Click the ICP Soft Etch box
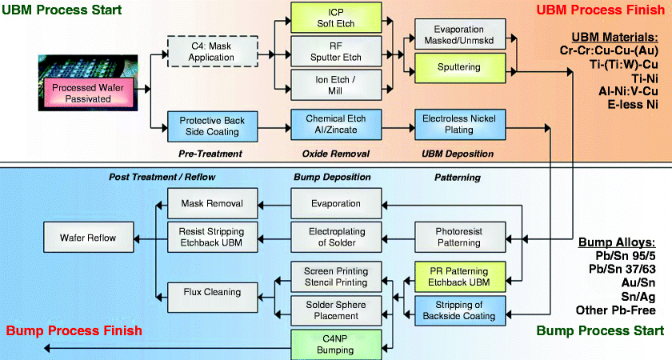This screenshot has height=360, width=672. pyautogui.click(x=324, y=19)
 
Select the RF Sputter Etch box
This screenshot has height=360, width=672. pyautogui.click(x=324, y=52)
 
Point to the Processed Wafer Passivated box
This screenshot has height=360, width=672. pyautogui.click(x=82, y=93)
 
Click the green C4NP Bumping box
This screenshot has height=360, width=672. pyautogui.click(x=324, y=345)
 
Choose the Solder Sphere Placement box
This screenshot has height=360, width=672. pyautogui.click(x=324, y=310)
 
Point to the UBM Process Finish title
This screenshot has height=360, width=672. pyautogui.click(x=599, y=11)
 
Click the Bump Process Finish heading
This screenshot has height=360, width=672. pyautogui.click(x=74, y=330)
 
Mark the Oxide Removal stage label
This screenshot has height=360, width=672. pyautogui.click(x=324, y=153)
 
